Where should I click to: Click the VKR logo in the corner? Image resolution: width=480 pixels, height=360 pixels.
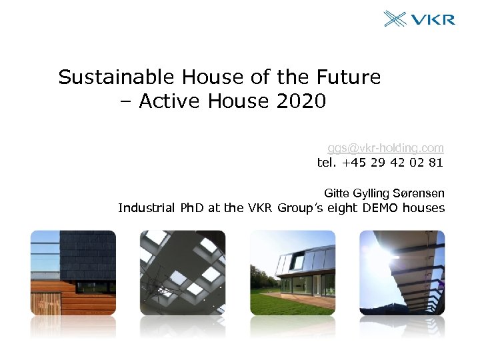point(419,18)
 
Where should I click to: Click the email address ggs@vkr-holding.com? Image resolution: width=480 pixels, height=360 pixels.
point(385,147)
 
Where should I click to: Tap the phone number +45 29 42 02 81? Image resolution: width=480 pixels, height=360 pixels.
point(393,162)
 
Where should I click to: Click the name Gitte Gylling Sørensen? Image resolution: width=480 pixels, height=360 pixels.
point(384,193)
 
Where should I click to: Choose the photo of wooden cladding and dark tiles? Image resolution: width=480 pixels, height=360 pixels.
point(73,273)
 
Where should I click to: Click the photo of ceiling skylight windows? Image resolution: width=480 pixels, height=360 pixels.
point(182,273)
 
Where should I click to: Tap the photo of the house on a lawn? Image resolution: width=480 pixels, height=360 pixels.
point(292,273)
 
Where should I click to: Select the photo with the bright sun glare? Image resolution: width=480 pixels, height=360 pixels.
point(402,273)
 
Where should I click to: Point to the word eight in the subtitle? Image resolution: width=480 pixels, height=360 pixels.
point(340,208)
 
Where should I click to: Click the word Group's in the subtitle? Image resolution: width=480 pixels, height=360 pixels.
point(299,208)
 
